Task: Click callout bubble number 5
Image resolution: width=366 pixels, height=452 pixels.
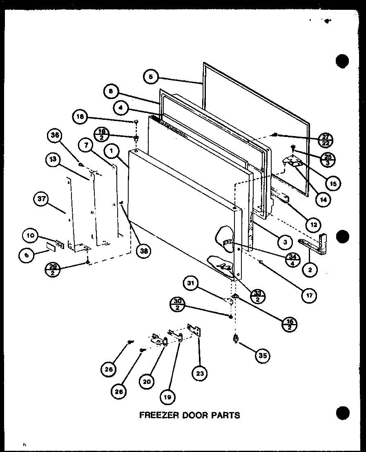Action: point(151,77)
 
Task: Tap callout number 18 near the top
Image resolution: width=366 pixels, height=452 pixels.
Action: point(80,117)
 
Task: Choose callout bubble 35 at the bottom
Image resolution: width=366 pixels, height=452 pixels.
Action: point(262,355)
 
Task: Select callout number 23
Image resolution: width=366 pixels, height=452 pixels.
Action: point(200,373)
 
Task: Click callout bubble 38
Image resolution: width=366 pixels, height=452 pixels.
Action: point(143,251)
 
